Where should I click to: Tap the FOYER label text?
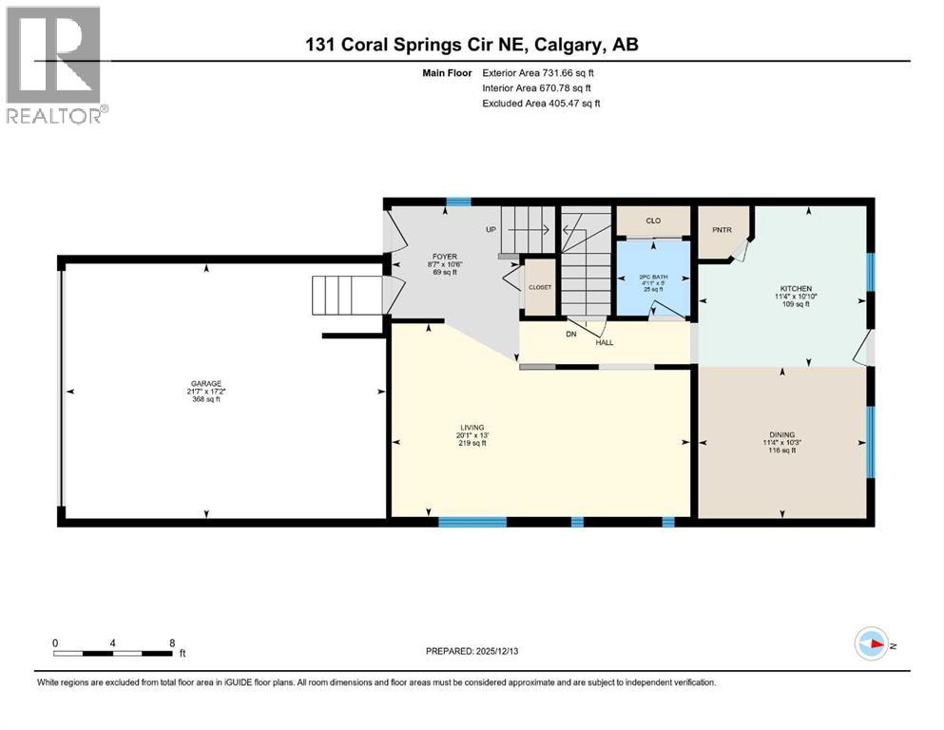[446, 257]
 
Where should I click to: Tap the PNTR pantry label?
[719, 228]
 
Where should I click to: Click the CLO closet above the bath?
[652, 221]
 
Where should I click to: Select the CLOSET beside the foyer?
[540, 286]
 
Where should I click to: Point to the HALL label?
[605, 342]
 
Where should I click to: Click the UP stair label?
[491, 230]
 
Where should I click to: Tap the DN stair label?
[571, 335]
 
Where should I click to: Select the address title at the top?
[472, 45]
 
